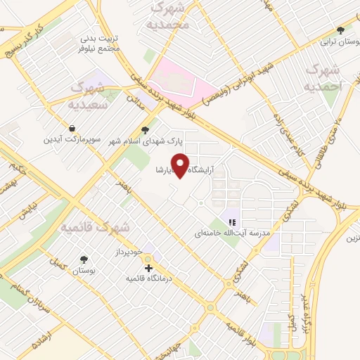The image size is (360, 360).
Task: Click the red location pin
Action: tap(181, 165)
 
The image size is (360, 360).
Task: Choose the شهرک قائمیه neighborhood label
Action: tap(95, 227)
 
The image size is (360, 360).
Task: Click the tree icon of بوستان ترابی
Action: tap(341, 30)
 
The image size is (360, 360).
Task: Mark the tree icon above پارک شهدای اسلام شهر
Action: tap(146, 129)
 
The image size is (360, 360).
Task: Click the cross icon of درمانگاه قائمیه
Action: tap(148, 268)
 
